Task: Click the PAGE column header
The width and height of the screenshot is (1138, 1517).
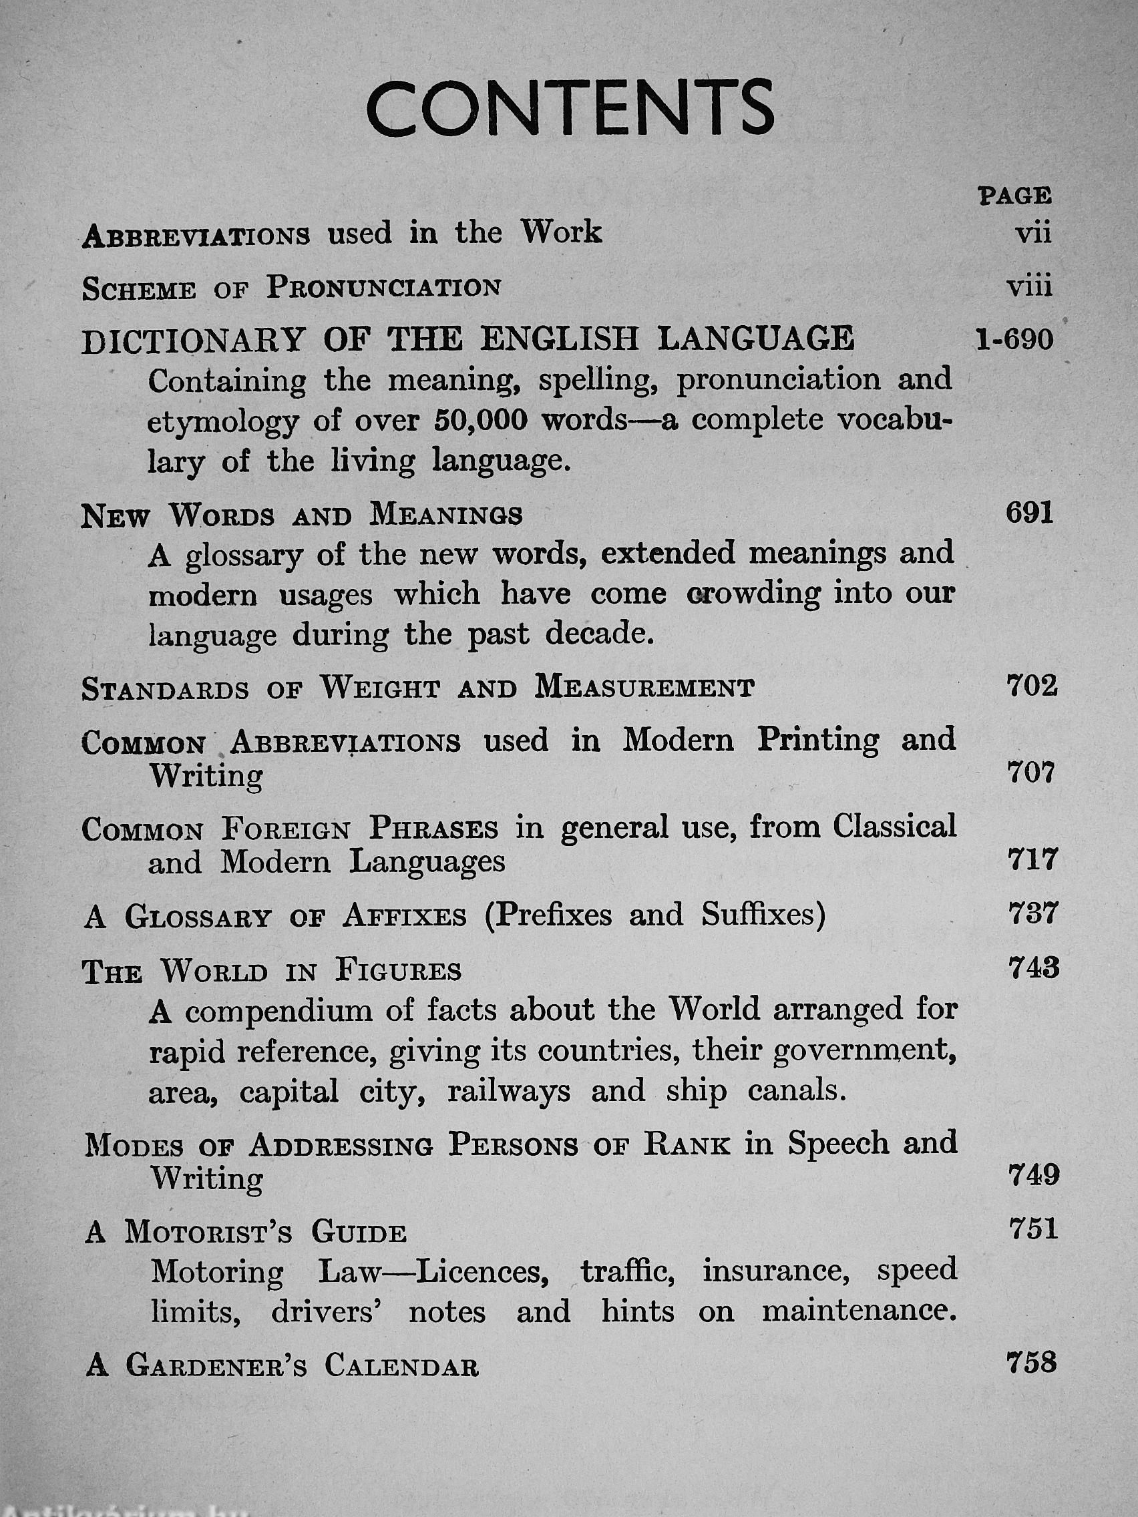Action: (1015, 196)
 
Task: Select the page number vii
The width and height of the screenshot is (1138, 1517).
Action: (1032, 234)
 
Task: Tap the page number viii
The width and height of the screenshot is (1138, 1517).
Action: (1029, 286)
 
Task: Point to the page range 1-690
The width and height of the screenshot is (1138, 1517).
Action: (1014, 339)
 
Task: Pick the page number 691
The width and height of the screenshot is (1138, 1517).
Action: (1029, 513)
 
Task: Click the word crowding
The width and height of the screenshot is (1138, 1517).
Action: (753, 594)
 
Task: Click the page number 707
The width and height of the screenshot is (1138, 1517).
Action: (1030, 774)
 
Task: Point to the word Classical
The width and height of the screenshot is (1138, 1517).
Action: (894, 827)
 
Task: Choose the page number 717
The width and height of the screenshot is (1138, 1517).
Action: (1031, 860)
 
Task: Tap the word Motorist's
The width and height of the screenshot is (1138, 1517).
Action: (208, 1233)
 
